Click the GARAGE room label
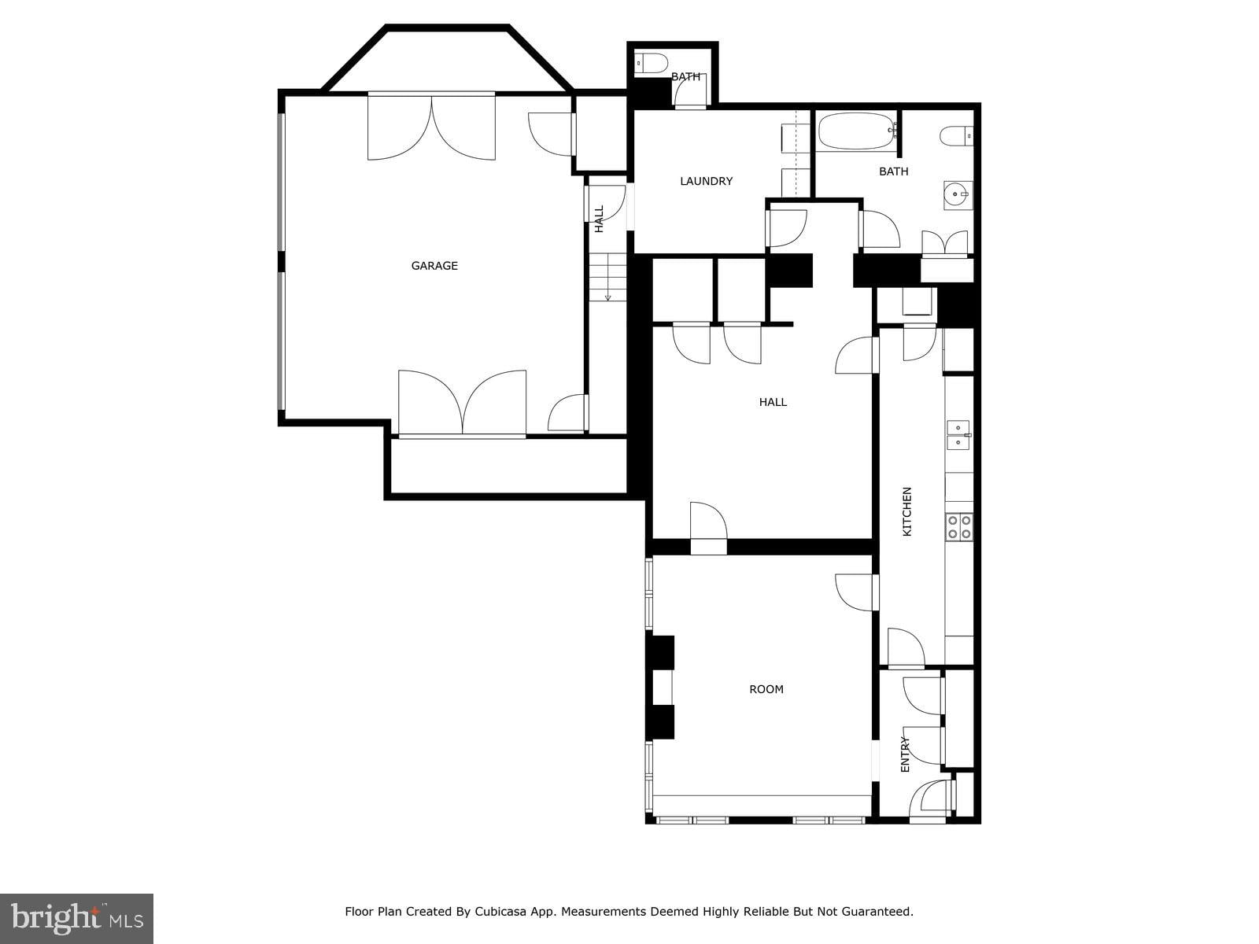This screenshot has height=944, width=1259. [x=434, y=265]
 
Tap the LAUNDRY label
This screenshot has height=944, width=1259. [x=706, y=181]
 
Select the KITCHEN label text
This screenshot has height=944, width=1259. [x=906, y=511]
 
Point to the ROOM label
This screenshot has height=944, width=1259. [x=766, y=689]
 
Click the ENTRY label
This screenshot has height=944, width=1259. [x=905, y=754]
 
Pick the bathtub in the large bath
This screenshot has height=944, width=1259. [x=856, y=131]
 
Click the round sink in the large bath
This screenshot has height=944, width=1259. [x=958, y=195]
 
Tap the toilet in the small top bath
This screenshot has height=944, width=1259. [x=652, y=62]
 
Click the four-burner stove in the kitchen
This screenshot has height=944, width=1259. [x=959, y=527]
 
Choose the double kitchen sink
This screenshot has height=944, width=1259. [x=958, y=435]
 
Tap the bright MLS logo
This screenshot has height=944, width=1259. [x=76, y=919]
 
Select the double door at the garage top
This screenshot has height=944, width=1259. [x=431, y=126]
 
